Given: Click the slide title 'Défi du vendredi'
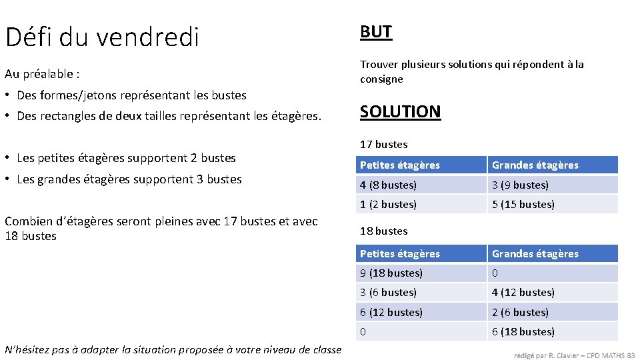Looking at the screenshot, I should point(102,37).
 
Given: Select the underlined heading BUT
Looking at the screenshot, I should point(376,31).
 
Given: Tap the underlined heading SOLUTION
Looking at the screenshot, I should point(400,111).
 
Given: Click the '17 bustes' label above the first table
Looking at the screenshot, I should point(383,144).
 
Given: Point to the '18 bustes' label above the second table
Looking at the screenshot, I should point(383,231).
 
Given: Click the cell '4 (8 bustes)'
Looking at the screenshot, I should point(389,185).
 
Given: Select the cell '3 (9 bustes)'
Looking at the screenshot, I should point(520,185).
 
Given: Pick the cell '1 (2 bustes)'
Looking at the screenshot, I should point(389,204).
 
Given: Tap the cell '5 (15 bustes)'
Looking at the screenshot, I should point(523,204).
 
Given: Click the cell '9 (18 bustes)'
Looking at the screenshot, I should point(391,273).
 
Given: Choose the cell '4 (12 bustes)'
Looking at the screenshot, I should point(523,292).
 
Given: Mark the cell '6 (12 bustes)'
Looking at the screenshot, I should point(391,312).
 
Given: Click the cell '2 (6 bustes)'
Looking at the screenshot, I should point(520,312).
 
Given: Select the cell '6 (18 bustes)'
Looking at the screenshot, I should point(523,331).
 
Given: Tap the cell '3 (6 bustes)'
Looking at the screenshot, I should point(389,292).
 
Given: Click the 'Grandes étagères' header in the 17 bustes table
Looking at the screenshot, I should point(535,165).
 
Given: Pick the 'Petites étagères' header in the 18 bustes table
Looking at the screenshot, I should point(400,253).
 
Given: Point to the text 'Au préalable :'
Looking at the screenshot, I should point(42,73).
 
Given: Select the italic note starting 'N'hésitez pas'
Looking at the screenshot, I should point(173,349).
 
